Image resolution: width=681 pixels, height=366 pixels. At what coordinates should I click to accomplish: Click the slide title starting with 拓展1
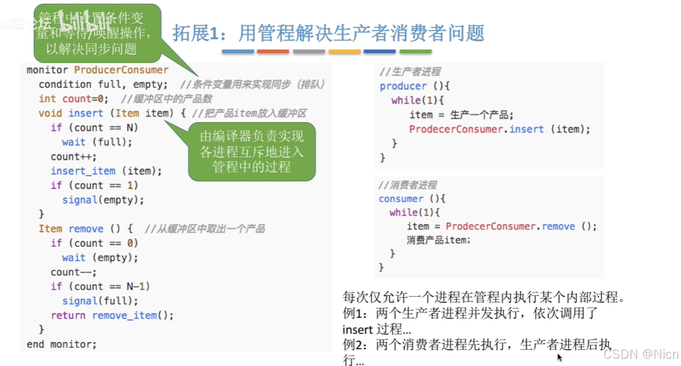[328, 32]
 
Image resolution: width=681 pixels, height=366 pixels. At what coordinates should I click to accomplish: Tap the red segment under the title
[273, 52]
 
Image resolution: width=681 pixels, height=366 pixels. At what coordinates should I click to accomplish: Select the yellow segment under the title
[344, 52]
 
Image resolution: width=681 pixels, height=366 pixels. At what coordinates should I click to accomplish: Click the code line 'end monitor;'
[61, 344]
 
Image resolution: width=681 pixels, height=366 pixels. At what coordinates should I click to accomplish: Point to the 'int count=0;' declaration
[73, 99]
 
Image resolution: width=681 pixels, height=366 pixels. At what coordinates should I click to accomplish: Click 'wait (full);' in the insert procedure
[97, 142]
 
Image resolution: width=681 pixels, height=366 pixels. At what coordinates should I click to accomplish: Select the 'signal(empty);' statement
[103, 200]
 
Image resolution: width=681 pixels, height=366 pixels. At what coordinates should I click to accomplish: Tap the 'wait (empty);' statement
[100, 258]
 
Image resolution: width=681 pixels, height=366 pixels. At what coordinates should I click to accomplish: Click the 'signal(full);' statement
[100, 301]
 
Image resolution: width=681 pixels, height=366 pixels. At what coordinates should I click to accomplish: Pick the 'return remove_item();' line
[112, 316]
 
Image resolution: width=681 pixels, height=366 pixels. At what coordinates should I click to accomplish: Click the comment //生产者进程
[410, 72]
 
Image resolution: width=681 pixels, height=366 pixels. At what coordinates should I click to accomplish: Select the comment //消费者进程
[408, 185]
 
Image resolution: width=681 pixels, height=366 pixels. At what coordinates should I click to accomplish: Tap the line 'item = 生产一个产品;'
[461, 115]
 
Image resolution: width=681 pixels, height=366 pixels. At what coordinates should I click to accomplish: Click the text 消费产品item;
[439, 240]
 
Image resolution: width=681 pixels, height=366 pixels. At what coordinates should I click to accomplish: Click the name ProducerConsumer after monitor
[122, 70]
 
